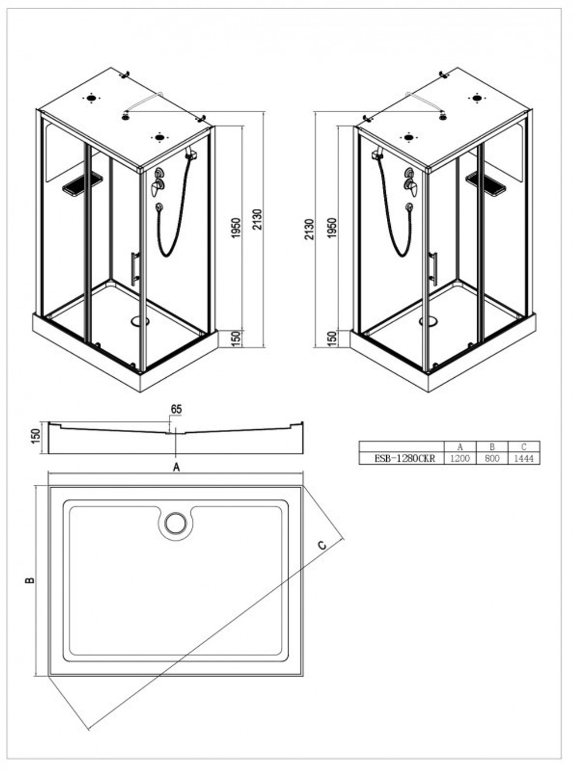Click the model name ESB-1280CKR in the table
point(405,458)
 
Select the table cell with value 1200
point(460,458)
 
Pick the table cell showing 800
point(492,458)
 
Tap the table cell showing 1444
point(524,458)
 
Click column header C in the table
point(524,446)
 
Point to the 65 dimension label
point(176,409)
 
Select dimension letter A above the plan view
point(176,467)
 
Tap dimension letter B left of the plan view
point(30,580)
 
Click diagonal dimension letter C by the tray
point(323,545)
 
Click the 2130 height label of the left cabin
point(257,219)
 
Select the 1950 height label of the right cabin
point(332,228)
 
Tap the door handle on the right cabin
point(433,268)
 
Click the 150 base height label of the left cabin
point(236,339)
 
